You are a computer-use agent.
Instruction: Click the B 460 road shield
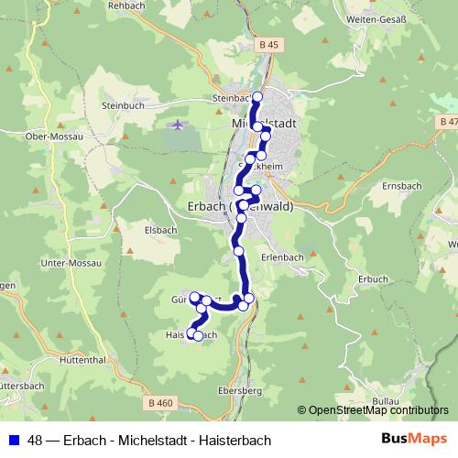[158, 401]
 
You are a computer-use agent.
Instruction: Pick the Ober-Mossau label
[55, 136]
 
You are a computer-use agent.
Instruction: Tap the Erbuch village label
[373, 278]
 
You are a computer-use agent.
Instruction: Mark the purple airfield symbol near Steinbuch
[178, 124]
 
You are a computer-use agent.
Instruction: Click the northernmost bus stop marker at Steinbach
[257, 96]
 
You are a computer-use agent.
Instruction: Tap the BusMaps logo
[416, 439]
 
